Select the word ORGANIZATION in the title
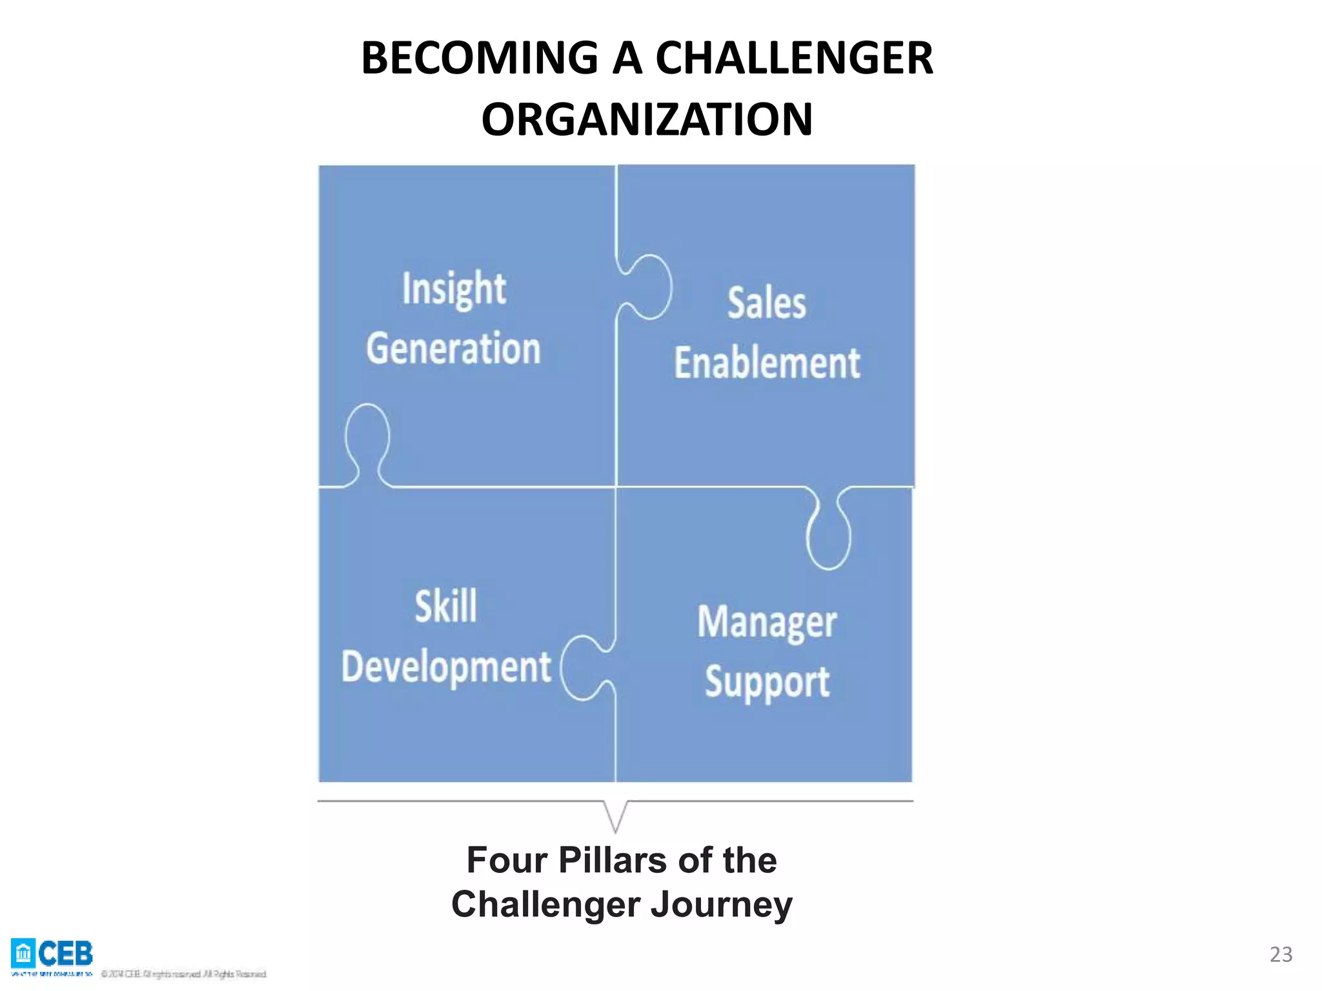click(x=647, y=120)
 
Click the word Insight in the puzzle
click(x=454, y=288)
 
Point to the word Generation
click(x=453, y=348)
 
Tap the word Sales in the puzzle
click(x=767, y=303)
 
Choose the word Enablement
click(x=767, y=363)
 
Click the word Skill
click(x=446, y=606)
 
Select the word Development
click(x=446, y=667)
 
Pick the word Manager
click(x=767, y=623)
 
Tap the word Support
click(x=767, y=683)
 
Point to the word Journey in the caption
click(x=721, y=905)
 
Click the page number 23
click(x=1281, y=954)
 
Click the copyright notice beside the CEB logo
click(x=184, y=974)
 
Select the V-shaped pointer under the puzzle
click(x=615, y=816)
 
